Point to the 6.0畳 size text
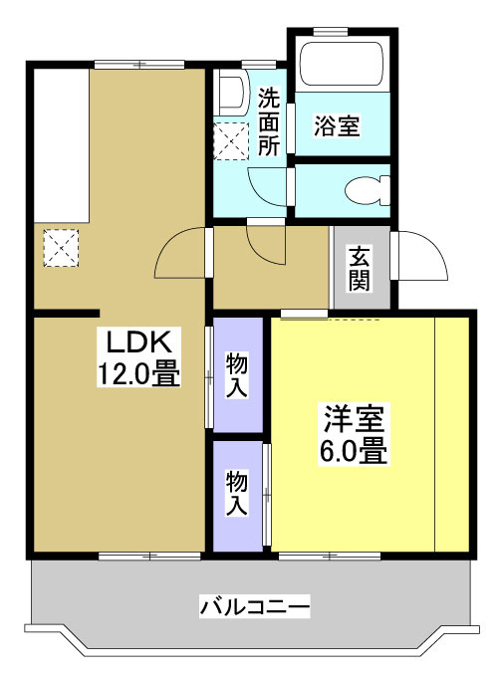click(x=353, y=451)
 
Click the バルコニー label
click(x=255, y=605)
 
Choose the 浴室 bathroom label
click(x=337, y=126)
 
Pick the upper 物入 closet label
click(x=237, y=375)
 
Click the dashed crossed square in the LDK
click(x=61, y=248)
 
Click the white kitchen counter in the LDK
click(x=59, y=144)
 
